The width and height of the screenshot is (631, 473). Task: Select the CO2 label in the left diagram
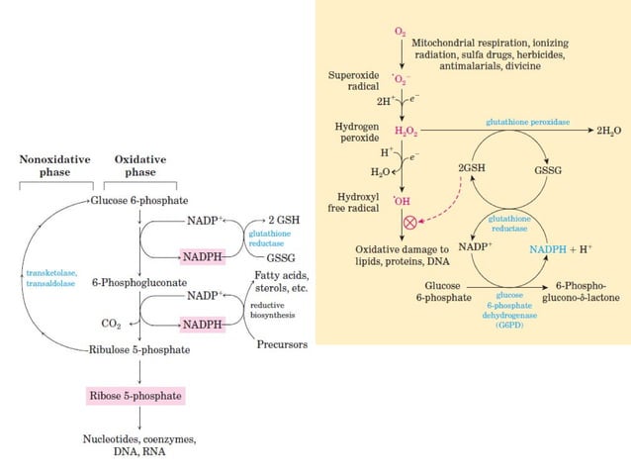coord(111,323)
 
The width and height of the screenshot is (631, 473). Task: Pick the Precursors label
coord(282,344)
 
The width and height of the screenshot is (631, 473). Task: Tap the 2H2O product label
coord(607,131)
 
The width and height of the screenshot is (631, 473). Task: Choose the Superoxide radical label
coord(353,81)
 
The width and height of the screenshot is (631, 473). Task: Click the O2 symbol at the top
coord(400,33)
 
